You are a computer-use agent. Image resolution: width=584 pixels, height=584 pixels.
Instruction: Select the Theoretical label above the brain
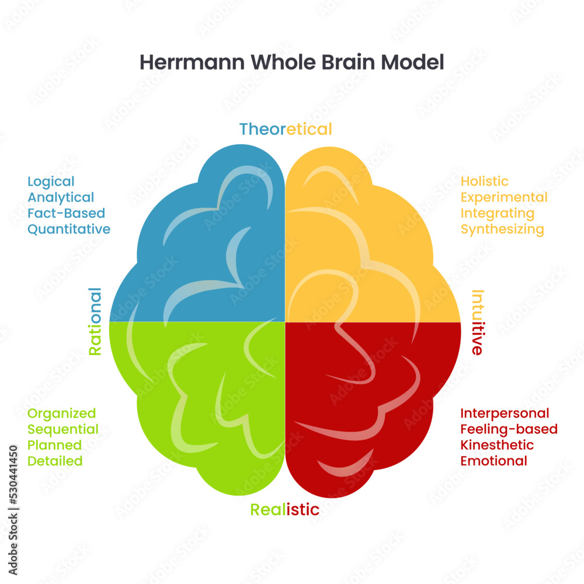[x=286, y=129]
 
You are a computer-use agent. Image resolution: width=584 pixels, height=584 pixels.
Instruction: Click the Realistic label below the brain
[x=285, y=509]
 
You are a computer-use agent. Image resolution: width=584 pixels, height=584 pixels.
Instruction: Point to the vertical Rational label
[x=95, y=321]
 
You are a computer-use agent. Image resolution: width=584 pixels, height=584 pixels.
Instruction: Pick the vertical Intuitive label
[x=477, y=322]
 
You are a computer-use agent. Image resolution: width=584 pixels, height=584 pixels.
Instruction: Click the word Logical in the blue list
[x=51, y=182]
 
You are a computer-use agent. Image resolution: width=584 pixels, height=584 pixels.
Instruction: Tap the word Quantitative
[x=69, y=229]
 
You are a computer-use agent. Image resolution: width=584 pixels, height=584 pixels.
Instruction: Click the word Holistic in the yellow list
[x=484, y=182]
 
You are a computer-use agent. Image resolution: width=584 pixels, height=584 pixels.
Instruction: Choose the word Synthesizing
[x=502, y=229]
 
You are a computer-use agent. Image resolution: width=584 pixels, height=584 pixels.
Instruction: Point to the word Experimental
[x=504, y=197]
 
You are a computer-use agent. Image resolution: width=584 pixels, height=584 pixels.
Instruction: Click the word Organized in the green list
[x=62, y=413]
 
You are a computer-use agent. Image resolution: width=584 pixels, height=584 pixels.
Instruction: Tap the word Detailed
[x=55, y=461]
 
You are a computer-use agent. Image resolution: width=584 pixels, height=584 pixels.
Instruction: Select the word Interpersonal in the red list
[x=505, y=413]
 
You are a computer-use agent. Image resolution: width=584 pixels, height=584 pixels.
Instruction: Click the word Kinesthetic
[x=497, y=445]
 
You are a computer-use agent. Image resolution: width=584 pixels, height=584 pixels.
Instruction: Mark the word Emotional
[x=493, y=461]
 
